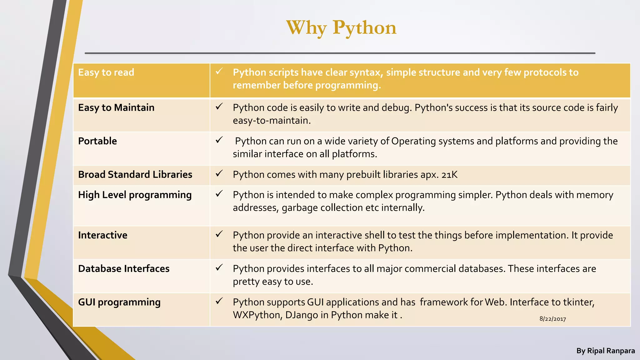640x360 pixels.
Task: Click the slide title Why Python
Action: click(341, 27)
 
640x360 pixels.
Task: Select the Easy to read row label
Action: click(106, 72)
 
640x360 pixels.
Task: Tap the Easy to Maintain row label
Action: click(116, 108)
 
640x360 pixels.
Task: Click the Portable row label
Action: click(97, 141)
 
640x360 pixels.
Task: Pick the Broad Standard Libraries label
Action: click(135, 175)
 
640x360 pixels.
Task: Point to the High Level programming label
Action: click(135, 195)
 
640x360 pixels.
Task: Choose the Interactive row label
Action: click(102, 235)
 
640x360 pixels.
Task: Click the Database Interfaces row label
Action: click(123, 269)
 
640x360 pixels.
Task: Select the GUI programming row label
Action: click(119, 302)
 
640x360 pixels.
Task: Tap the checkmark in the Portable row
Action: click(219, 140)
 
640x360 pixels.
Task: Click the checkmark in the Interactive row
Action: click(219, 234)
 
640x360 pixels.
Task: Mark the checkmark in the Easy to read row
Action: click(219, 71)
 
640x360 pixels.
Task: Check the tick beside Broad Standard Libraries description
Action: click(219, 173)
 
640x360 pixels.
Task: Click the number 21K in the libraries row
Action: click(449, 175)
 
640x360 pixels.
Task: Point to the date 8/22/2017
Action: click(552, 319)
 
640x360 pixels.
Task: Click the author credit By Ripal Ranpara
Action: click(605, 351)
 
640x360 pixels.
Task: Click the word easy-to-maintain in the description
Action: click(271, 121)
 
